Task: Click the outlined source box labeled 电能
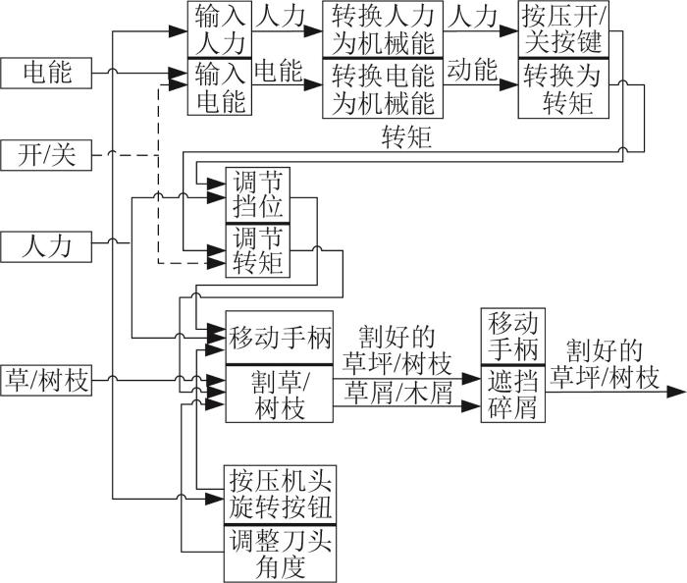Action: (x=46, y=73)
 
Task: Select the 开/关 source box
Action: (x=46, y=155)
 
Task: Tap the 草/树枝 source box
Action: (x=46, y=380)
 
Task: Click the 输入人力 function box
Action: (x=220, y=29)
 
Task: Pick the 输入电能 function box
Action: (x=220, y=86)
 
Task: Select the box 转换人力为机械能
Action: (x=383, y=29)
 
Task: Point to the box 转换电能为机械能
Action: (x=383, y=88)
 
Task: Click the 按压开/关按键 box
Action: (x=563, y=29)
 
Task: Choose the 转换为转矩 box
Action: (x=563, y=88)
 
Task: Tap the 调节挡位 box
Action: (x=257, y=195)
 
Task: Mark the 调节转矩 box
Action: (x=257, y=250)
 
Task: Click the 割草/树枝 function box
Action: (x=279, y=394)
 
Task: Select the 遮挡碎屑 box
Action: (x=513, y=394)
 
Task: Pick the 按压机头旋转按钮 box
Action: (x=280, y=495)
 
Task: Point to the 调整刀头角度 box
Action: (x=280, y=554)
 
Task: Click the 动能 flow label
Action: (x=472, y=71)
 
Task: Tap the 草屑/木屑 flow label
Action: (x=398, y=393)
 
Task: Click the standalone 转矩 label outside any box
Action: (x=407, y=137)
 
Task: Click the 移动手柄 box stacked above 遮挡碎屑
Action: (x=513, y=336)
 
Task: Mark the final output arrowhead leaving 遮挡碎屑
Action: (x=675, y=392)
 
